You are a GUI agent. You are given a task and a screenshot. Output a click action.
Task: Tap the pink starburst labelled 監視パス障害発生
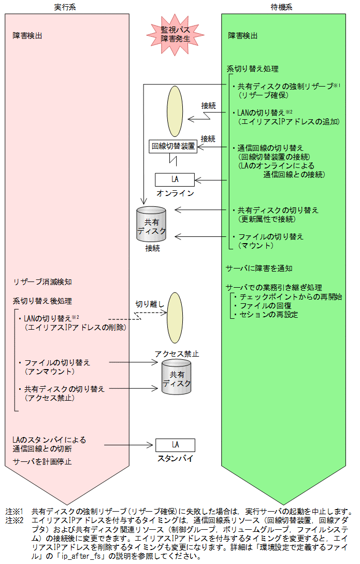point(175,34)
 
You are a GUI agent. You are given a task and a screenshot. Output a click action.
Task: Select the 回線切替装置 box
point(173,146)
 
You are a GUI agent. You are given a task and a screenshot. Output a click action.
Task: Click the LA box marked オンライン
point(175,179)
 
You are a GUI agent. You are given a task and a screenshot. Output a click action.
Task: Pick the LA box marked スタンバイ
point(175,445)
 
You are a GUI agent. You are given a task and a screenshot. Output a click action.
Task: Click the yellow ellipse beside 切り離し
point(175,317)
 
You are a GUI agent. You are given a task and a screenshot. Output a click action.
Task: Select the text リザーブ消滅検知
point(42,282)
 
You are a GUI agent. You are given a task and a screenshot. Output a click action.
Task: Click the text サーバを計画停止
point(42,461)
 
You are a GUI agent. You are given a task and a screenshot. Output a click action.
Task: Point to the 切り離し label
point(150,304)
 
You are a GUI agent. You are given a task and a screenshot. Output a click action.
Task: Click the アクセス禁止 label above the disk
point(177,354)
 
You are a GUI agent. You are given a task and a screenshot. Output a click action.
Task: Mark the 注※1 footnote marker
point(15,511)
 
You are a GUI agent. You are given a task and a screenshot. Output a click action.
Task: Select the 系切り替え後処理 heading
point(42,301)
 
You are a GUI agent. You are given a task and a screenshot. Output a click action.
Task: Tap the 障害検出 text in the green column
point(242,36)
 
